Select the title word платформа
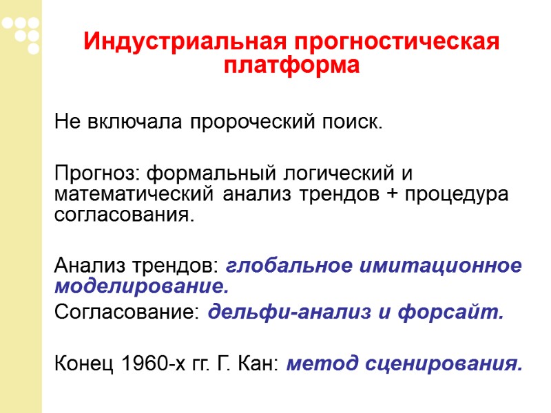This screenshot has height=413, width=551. click(x=291, y=67)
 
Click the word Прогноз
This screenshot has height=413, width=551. click(x=98, y=169)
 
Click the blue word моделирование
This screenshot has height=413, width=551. click(x=141, y=286)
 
